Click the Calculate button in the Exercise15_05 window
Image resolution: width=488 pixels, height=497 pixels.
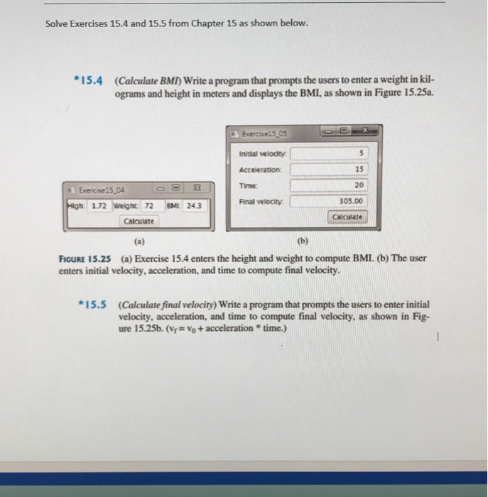(x=347, y=217)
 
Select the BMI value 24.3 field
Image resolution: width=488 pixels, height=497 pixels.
(x=194, y=206)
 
